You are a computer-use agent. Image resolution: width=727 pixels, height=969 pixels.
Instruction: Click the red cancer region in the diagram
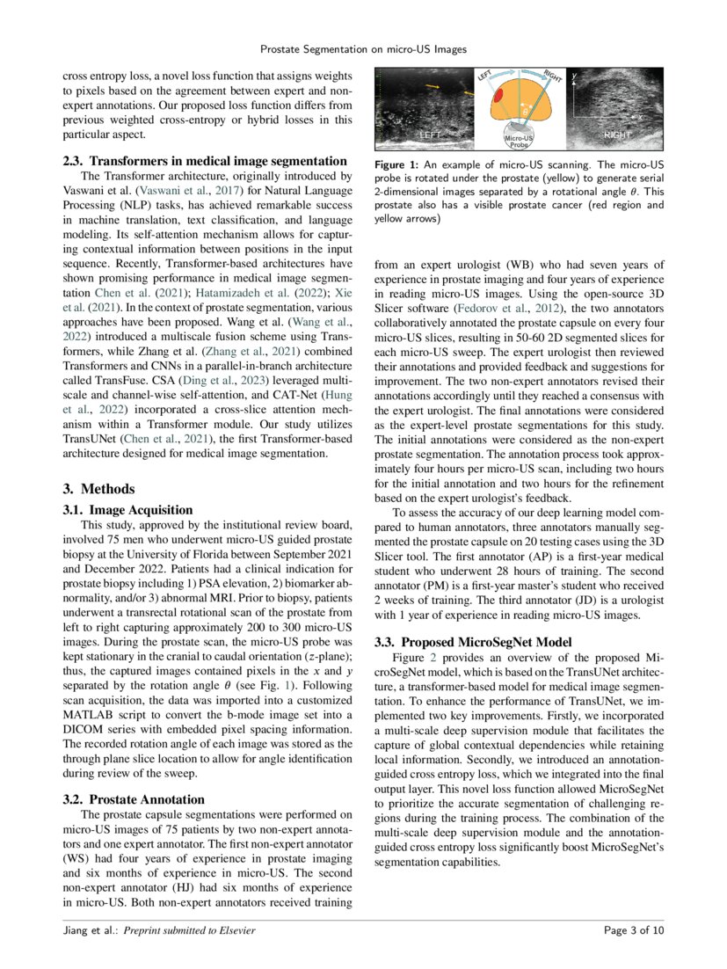(498, 94)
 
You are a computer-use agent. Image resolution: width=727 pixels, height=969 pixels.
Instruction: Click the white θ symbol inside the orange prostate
(526, 112)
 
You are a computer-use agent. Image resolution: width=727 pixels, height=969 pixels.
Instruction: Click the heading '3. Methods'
(98, 489)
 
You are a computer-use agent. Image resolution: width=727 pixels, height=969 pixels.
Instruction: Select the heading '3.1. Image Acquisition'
(127, 509)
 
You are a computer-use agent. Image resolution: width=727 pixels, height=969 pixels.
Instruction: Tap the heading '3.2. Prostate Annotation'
(134, 799)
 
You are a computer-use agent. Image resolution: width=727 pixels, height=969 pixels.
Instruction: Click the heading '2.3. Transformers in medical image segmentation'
(204, 161)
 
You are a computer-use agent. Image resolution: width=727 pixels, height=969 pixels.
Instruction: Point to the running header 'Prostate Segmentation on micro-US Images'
(363, 49)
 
